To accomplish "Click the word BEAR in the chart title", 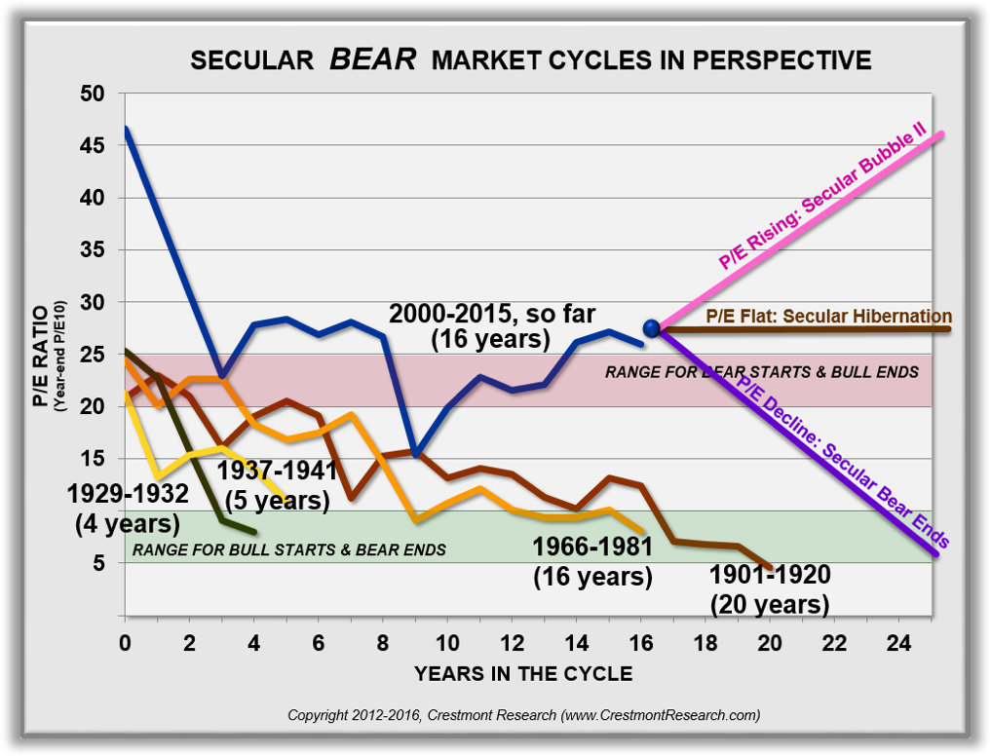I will coord(373,59).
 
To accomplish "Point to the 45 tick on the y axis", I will coord(103,146).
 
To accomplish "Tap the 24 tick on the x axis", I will coord(898,644).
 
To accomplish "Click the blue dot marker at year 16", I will coord(652,328).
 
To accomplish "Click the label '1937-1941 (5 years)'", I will coord(277,485).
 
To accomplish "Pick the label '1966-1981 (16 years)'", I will coord(592,560).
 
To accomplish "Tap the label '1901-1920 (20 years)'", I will coord(770,588).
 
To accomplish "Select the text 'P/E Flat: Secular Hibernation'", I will coord(827,317).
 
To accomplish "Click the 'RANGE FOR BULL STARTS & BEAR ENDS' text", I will coord(289,549).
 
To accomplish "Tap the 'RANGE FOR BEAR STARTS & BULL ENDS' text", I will coord(761,371).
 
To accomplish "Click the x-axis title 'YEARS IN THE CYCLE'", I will coord(522,673).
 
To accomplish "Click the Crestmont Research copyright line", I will coord(523,715).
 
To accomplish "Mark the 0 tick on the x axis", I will coord(125,644).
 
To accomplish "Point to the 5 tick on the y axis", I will coord(109,563).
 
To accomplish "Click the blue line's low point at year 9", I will coord(416,454).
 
